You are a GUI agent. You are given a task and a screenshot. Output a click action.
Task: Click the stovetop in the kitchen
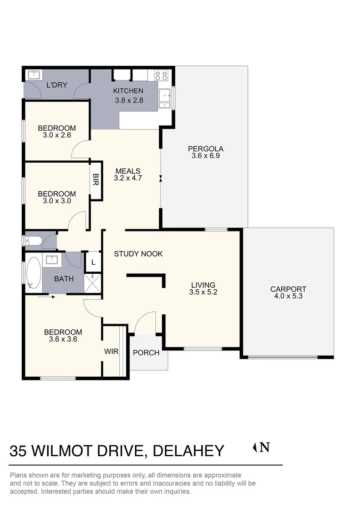[x=161, y=75]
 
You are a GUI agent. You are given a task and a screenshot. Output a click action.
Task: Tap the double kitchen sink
[x=164, y=98]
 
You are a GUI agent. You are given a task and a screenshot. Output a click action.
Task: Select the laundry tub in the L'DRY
[x=34, y=75]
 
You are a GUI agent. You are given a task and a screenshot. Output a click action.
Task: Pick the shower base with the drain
[x=93, y=283]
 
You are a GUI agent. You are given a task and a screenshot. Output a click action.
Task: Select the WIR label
[x=111, y=351]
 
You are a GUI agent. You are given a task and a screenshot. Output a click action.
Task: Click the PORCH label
[x=146, y=352]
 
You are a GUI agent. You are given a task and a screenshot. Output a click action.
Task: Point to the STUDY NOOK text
[x=139, y=254]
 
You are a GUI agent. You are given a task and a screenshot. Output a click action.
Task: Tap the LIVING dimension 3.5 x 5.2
[x=203, y=292]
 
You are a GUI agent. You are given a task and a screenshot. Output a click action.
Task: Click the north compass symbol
[x=262, y=447]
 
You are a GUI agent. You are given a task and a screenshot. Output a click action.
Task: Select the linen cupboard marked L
[x=93, y=262]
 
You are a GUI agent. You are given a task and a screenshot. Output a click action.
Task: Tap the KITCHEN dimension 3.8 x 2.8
[x=128, y=100]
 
